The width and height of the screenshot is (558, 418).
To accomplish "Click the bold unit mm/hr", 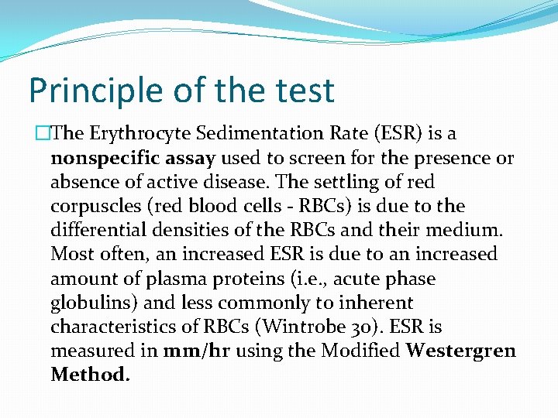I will (197, 351).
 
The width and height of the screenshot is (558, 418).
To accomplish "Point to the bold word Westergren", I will (460, 351).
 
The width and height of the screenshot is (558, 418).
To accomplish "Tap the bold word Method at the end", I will (89, 375).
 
